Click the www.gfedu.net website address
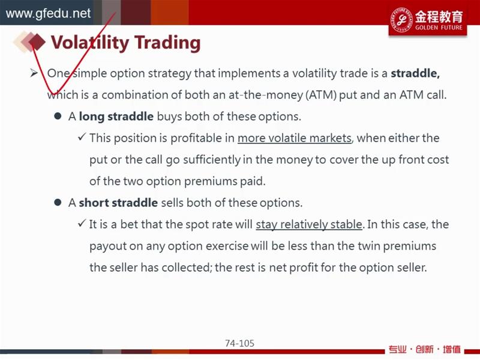48,14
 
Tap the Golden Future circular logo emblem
401,20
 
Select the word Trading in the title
167,43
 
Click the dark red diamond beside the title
37,42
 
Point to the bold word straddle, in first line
415,73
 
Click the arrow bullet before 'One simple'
34,73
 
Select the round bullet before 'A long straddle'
58,116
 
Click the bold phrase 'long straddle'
116,116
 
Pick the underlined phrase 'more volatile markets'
294,138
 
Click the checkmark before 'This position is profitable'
82,137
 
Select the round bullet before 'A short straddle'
58,202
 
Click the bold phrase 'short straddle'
118,203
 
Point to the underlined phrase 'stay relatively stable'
309,224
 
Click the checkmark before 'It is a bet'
82,223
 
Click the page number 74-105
239,343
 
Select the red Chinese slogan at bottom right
425,349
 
